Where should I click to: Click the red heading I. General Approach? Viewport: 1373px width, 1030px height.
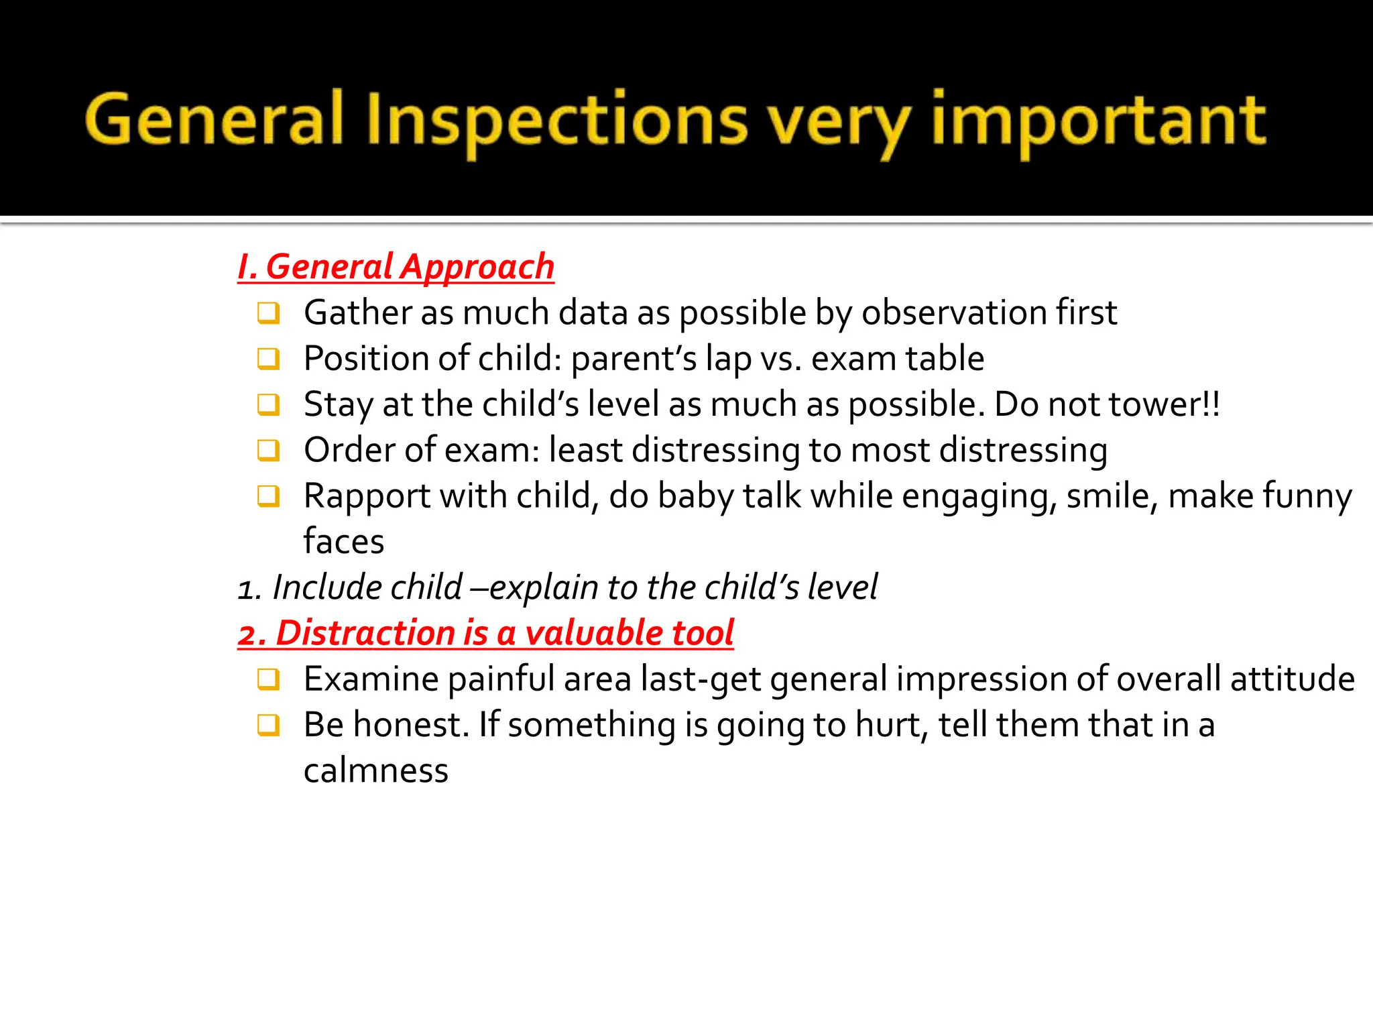click(x=396, y=267)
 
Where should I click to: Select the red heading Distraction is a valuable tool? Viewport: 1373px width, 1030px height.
click(x=486, y=633)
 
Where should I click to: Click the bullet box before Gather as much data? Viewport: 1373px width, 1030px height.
click(x=268, y=313)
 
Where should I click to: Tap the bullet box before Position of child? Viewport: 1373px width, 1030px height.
click(x=268, y=359)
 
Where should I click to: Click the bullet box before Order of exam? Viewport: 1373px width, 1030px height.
click(x=268, y=450)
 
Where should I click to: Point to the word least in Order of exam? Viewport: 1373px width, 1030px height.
click(x=585, y=450)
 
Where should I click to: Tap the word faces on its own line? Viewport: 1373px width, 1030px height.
click(x=343, y=542)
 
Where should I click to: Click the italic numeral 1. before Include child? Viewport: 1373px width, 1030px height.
click(x=249, y=589)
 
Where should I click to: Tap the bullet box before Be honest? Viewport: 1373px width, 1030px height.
click(x=268, y=725)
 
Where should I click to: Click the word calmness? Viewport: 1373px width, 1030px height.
click(x=375, y=771)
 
